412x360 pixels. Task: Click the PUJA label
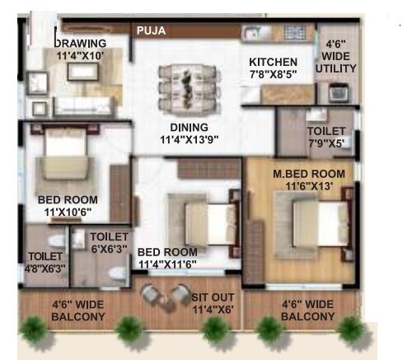(152, 30)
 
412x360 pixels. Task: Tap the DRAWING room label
(80, 44)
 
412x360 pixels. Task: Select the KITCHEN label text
(273, 62)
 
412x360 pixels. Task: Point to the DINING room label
(189, 128)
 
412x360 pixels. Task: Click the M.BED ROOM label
(309, 174)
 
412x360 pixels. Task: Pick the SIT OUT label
(213, 297)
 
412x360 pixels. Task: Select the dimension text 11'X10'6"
(68, 212)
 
